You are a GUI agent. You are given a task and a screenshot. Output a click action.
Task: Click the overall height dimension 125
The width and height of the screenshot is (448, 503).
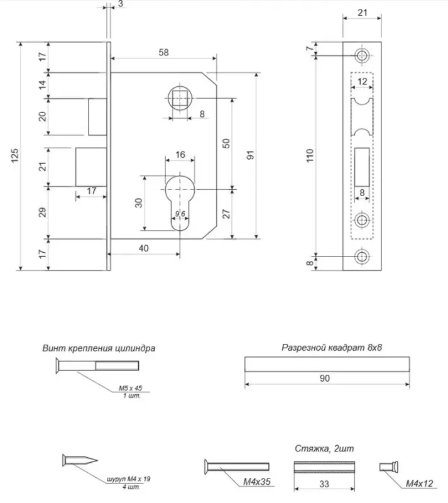click(x=14, y=155)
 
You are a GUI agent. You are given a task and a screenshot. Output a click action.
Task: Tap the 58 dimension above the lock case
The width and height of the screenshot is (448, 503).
click(x=163, y=52)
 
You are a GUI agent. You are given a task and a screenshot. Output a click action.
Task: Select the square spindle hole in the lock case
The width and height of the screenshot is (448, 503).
click(x=180, y=97)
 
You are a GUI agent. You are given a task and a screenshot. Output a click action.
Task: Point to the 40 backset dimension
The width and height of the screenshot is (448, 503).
click(x=144, y=248)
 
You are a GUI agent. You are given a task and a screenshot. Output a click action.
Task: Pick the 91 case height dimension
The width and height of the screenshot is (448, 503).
click(x=251, y=155)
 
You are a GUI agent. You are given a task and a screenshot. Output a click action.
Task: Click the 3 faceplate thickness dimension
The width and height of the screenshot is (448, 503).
click(x=121, y=4)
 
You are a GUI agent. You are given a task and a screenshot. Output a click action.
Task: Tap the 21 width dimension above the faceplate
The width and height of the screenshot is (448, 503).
click(x=363, y=13)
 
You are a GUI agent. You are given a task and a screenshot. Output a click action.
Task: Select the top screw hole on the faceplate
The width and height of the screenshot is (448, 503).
click(x=362, y=55)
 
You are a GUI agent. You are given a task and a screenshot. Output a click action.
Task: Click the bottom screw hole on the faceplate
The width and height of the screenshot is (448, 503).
click(x=362, y=257)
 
